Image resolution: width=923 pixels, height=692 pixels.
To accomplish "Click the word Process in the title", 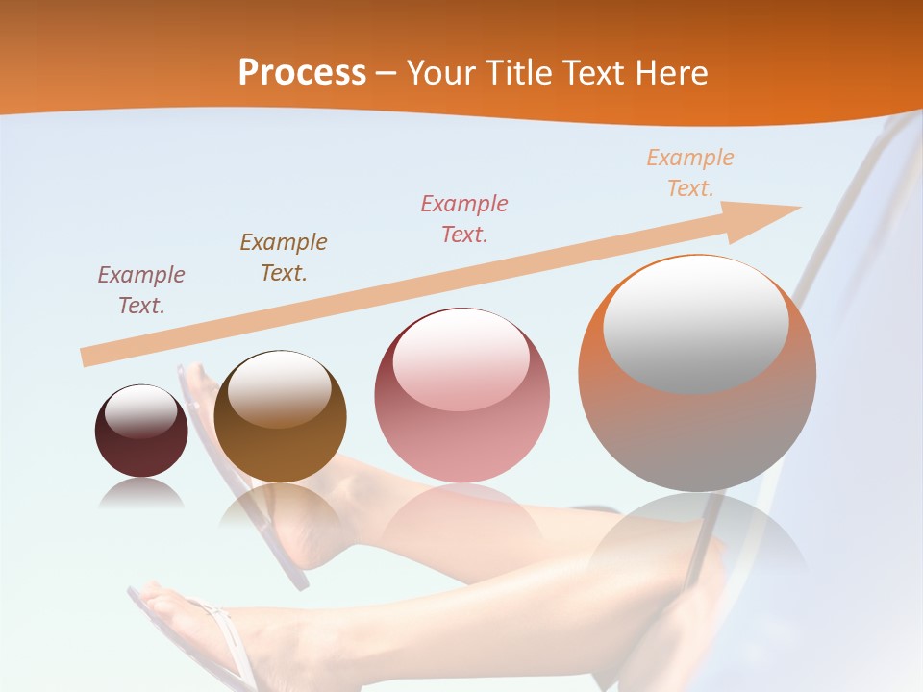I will pyautogui.click(x=302, y=73).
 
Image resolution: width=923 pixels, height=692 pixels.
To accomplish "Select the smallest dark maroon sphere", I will pyautogui.click(x=141, y=432).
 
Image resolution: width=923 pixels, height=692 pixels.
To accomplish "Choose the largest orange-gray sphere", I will pyautogui.click(x=697, y=374).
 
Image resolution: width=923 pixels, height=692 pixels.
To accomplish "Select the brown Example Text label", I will pyautogui.click(x=284, y=258).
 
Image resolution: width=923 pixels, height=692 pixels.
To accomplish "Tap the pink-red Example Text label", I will pyautogui.click(x=464, y=219).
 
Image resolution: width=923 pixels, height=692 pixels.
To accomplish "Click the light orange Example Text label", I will pyautogui.click(x=690, y=173).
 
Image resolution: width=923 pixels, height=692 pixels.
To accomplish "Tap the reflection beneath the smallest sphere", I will pyautogui.click(x=141, y=494).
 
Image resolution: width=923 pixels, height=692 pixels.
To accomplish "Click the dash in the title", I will pyautogui.click(x=387, y=74).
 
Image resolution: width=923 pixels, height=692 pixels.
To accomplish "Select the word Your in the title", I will pyautogui.click(x=440, y=73).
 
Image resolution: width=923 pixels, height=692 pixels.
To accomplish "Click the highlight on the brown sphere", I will pyautogui.click(x=280, y=389).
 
